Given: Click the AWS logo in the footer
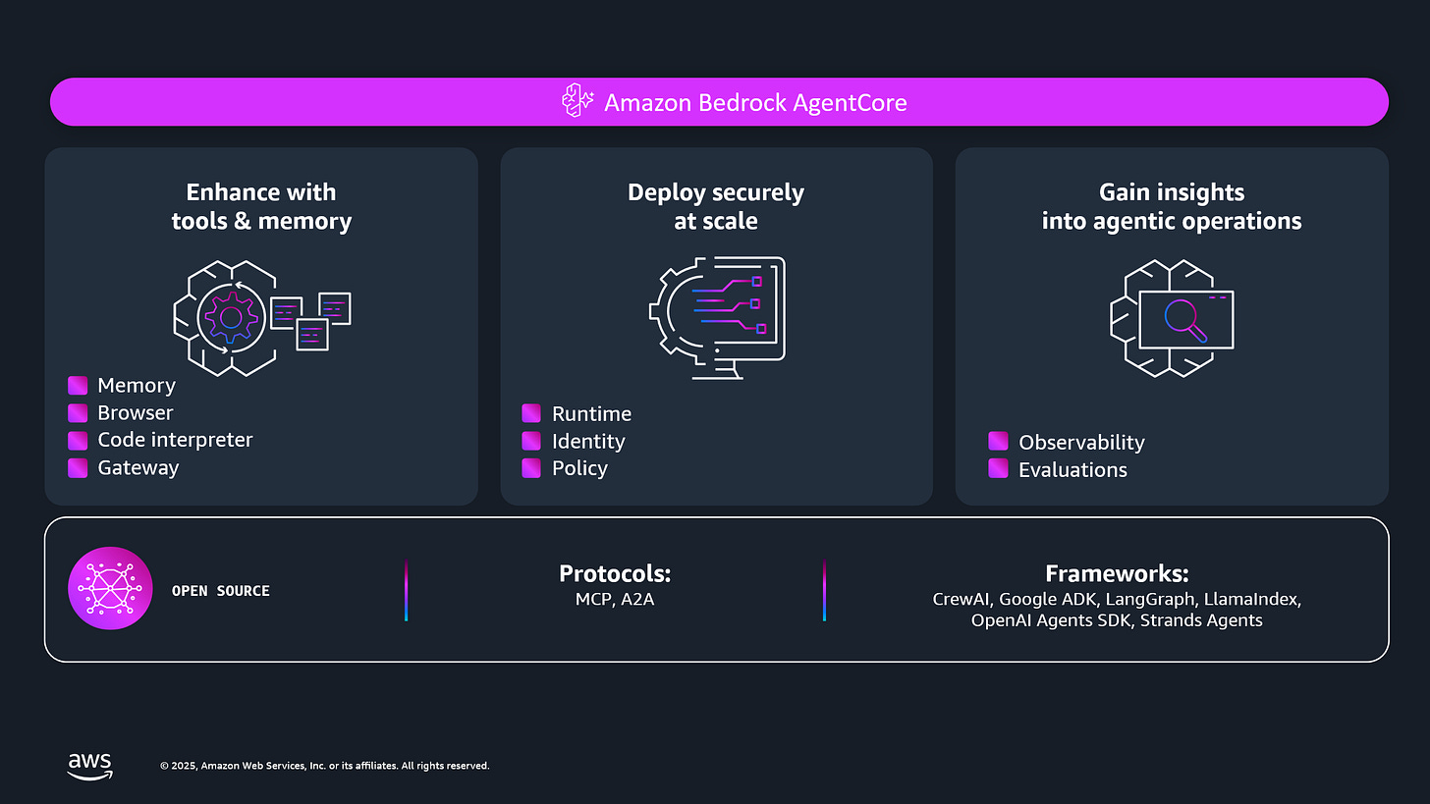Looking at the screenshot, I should coord(90,766).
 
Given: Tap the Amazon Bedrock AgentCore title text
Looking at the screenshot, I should coord(755,102).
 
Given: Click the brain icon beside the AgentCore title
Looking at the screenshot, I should coord(577,101).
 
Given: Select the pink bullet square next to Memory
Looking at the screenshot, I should coord(78,386).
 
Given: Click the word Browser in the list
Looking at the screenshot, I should coord(136,413).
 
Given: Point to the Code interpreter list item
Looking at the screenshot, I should coord(175,440).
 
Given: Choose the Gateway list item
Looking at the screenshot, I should coord(137,467).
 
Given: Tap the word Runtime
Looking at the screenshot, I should coord(591,413).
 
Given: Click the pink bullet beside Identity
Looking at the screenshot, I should coord(531,441).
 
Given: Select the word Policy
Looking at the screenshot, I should coord(579,468).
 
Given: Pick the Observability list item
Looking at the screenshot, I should coord(1081,442).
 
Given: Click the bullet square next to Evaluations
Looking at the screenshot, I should coord(998,468).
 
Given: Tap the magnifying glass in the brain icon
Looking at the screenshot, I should coord(1183,319).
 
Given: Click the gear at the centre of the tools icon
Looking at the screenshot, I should coord(231,317).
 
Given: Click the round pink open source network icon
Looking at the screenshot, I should coord(110,589).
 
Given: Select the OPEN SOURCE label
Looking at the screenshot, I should coord(221,591).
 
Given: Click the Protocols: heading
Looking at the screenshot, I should coord(615,573).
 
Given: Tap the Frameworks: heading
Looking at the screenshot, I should coord(1117,573).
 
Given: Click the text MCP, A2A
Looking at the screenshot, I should coord(615,598).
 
